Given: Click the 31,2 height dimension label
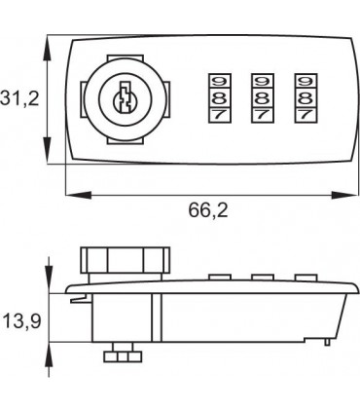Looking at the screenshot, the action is pos(19,98).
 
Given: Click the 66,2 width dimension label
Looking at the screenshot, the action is pos(208,210).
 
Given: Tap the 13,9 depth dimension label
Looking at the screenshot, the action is pos(21,321).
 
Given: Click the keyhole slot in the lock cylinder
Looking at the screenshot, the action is pos(125,96).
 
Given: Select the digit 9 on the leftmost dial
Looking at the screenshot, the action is pos(219,81).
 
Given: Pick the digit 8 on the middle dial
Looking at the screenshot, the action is pos(263,97).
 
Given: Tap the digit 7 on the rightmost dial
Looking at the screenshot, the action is pos(306,115).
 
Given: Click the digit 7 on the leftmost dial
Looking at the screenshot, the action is pos(219,115).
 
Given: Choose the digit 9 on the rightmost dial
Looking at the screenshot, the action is pos(306,81).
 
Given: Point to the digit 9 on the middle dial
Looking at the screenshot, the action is pos(263,81).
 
